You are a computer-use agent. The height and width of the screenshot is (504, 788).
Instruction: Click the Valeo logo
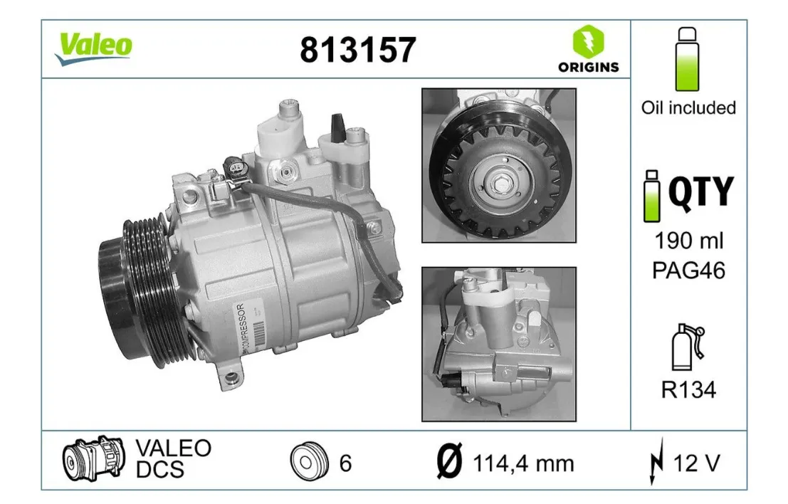click(x=93, y=48)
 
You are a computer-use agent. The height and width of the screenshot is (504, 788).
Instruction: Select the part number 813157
click(x=358, y=50)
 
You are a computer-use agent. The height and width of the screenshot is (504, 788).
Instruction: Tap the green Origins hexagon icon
click(x=588, y=41)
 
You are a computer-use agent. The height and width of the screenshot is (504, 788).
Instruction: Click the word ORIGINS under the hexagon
click(x=588, y=68)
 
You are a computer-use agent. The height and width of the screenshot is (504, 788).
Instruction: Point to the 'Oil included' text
click(x=688, y=107)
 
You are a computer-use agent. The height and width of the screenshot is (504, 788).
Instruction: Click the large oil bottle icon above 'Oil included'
click(x=687, y=59)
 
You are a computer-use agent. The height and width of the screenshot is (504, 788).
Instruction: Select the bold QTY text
click(x=701, y=191)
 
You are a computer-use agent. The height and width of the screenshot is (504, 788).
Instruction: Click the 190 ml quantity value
click(x=688, y=241)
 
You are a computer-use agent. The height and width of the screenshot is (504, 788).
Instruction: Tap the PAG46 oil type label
click(x=688, y=271)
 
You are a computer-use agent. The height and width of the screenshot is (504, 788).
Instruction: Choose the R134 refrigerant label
click(x=688, y=389)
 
